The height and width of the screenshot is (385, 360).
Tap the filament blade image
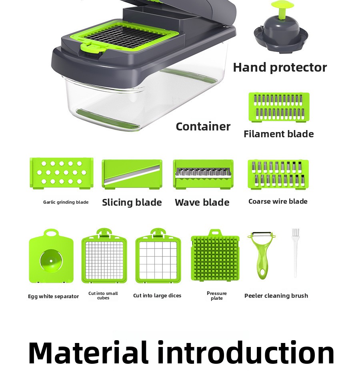pos(279,107)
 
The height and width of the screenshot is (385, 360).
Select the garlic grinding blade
pos(61,173)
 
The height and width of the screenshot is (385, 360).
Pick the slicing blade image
pos(132,174)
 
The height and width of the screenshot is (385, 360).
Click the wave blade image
pos(203,174)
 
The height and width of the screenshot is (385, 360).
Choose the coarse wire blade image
pos(278,174)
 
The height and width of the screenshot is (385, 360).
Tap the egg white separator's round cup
pos(51,261)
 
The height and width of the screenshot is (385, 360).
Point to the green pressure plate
pos(215,256)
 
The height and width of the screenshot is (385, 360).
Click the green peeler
pos(261,255)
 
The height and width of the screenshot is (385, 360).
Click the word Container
pos(203,127)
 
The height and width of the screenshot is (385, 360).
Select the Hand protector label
pos(280,67)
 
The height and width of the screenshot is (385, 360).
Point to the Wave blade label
pos(202,203)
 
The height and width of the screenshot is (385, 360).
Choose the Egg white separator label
pos(54,297)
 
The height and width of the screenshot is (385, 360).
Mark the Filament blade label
pos(279,134)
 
